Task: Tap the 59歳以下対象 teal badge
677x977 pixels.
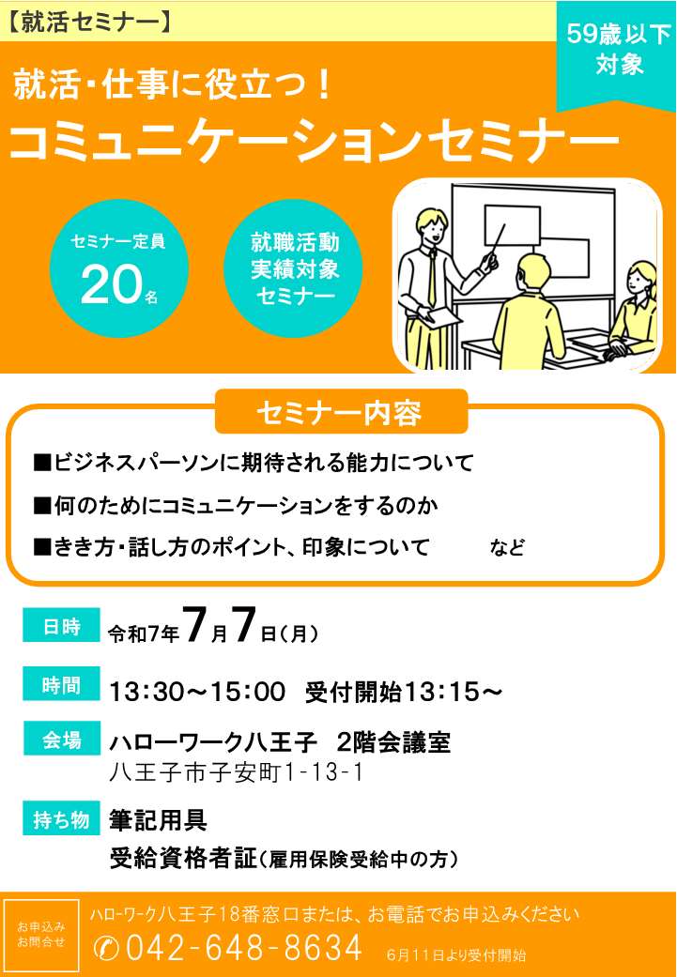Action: point(616,53)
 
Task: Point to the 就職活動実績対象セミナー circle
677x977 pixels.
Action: point(293,268)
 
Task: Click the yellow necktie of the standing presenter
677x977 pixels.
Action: point(431,276)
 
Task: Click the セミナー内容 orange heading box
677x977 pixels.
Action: point(341,412)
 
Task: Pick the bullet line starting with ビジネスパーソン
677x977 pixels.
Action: point(254,463)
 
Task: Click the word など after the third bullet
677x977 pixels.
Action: point(507,548)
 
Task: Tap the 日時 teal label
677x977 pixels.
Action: point(61,625)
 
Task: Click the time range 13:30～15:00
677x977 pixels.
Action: point(197,692)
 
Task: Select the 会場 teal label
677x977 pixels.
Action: point(61,739)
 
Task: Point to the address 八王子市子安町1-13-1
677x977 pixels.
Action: point(237,773)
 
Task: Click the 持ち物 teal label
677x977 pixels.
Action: point(61,818)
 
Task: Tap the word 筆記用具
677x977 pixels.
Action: point(158,819)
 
